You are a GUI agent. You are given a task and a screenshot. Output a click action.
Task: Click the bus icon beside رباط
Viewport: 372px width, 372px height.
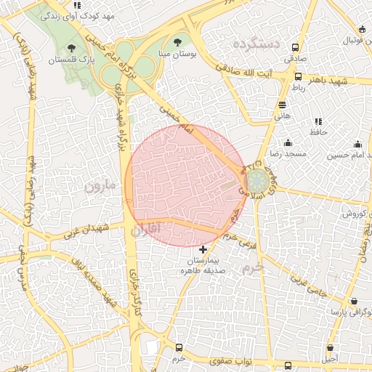click(298, 76)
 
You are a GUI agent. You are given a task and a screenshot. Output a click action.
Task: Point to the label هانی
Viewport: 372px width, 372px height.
click(283, 115)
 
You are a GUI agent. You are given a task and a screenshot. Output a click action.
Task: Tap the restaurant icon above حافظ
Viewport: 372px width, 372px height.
click(318, 121)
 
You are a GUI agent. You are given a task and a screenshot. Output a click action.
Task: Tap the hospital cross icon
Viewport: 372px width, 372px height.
click(202, 249)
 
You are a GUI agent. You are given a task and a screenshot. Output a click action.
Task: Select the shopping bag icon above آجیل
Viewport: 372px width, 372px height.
click(331, 348)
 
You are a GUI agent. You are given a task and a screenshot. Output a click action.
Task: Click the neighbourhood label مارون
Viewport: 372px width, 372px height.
click(100, 185)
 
